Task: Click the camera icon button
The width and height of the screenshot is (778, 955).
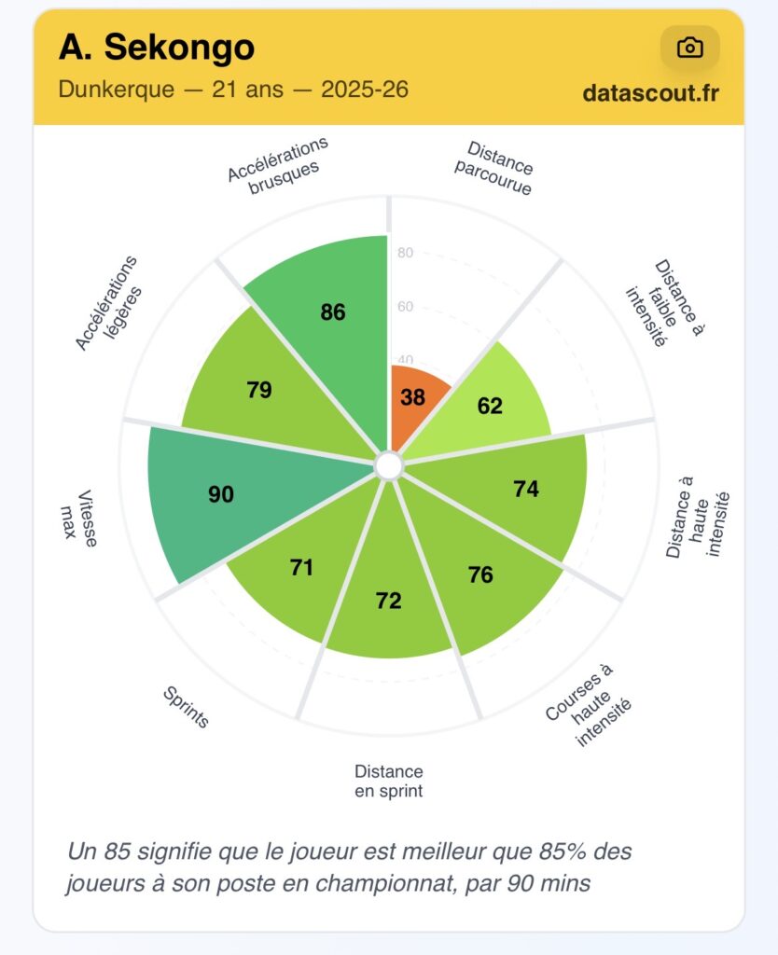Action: (689, 48)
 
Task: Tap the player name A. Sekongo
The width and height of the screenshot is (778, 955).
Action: (156, 47)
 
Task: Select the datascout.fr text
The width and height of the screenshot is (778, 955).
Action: (650, 93)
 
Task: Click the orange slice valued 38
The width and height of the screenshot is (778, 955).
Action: (413, 397)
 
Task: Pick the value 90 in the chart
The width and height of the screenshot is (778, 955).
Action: (221, 494)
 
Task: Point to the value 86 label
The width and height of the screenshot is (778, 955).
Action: (333, 312)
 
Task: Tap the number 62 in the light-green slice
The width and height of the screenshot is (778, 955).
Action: (490, 406)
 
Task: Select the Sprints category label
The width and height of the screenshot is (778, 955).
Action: (186, 707)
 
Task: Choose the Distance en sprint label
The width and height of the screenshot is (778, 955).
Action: (389, 782)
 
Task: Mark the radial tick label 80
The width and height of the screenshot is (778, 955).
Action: (405, 253)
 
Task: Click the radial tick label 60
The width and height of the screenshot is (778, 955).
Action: (405, 307)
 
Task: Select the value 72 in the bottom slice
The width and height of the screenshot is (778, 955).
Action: (388, 602)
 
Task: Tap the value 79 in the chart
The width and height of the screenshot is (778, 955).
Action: (259, 390)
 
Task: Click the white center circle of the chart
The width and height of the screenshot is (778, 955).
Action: (389, 464)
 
